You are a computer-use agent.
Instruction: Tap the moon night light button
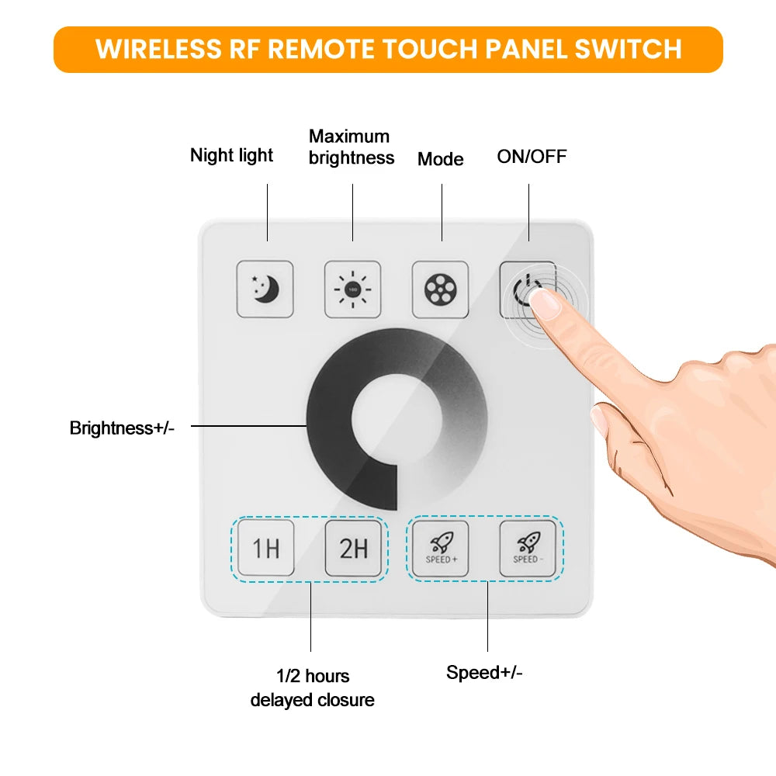(x=265, y=289)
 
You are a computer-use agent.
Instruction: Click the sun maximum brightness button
(x=352, y=289)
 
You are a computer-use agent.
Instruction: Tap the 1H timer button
(x=265, y=549)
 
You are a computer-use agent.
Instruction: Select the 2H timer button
(x=353, y=549)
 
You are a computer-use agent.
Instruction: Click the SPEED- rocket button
(x=528, y=549)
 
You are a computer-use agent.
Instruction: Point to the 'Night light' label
(x=231, y=155)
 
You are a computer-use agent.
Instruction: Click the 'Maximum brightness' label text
(x=351, y=147)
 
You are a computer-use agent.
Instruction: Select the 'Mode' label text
(x=440, y=159)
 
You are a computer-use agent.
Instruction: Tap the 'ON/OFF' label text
(x=532, y=157)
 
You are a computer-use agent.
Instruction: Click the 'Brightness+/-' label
(x=122, y=428)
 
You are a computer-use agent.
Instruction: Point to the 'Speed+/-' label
(x=484, y=672)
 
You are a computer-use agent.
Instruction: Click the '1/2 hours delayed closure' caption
(x=312, y=688)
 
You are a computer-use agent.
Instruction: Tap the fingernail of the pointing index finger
(x=549, y=305)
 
